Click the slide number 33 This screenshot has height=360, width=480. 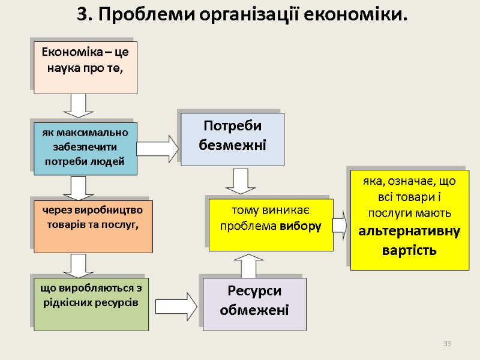(x=447, y=343)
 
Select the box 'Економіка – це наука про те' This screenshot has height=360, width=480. (x=85, y=67)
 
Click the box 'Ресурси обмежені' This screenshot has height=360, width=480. (x=254, y=304)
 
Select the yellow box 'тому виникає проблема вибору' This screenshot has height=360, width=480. (x=271, y=225)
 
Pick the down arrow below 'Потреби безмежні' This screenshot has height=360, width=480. (x=241, y=181)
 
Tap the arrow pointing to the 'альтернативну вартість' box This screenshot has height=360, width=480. (x=339, y=225)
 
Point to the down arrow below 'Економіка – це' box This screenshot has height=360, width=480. (x=78, y=106)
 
